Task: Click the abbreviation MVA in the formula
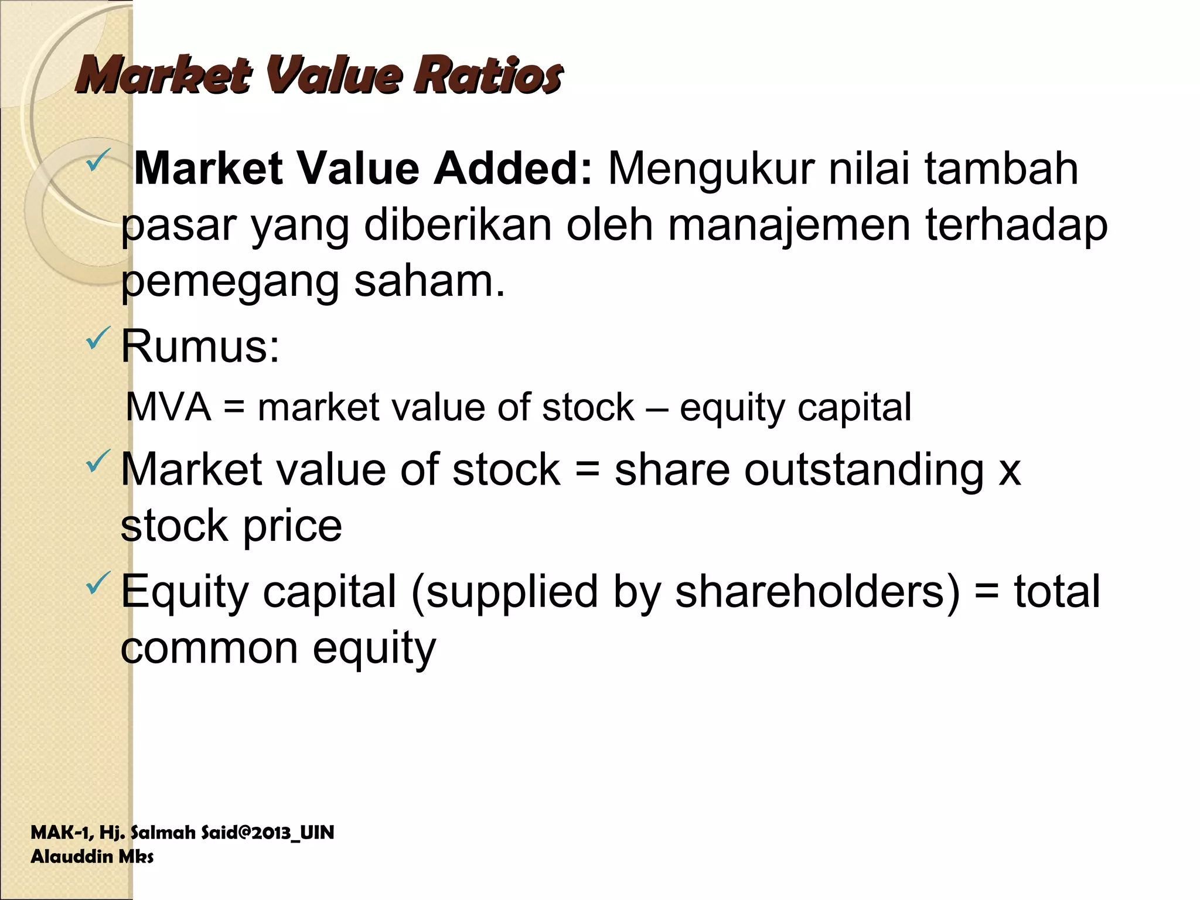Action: pos(169,407)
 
